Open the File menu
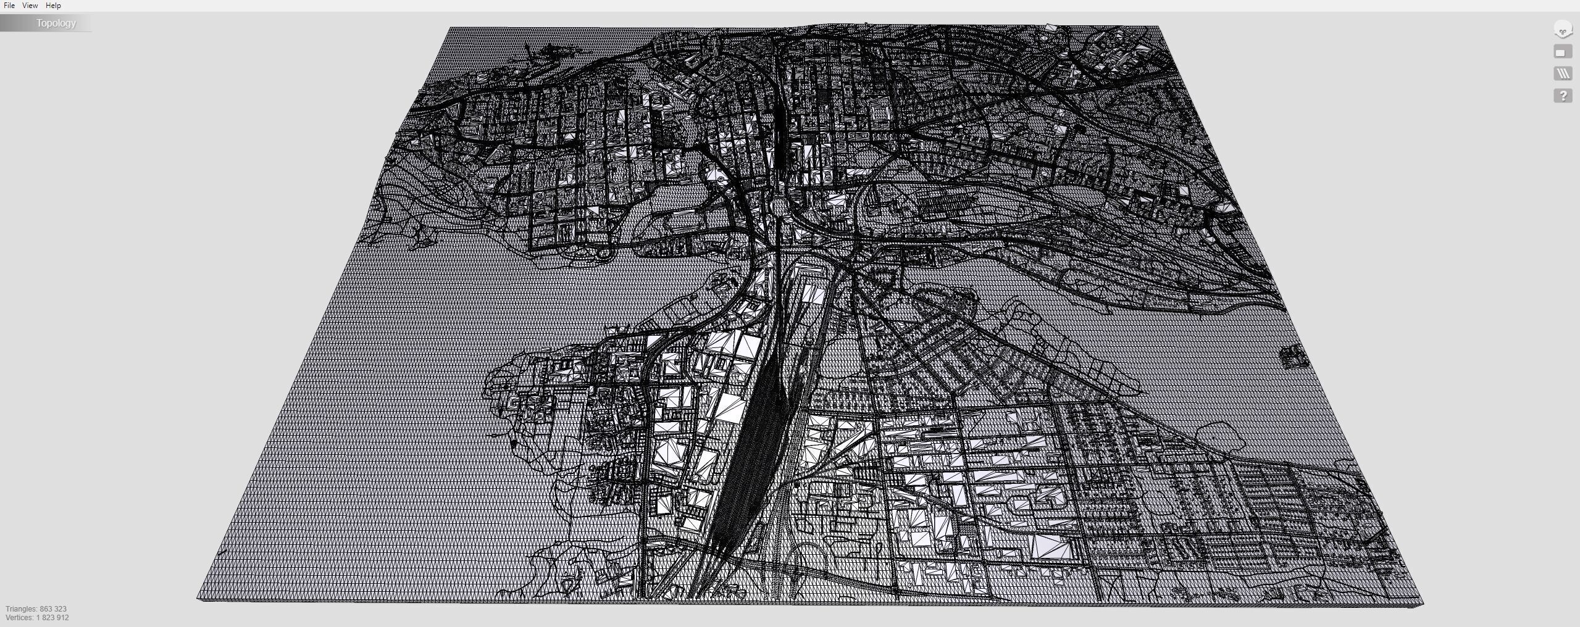pyautogui.click(x=9, y=6)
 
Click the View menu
pyautogui.click(x=30, y=6)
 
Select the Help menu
pyautogui.click(x=53, y=6)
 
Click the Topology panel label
pyautogui.click(x=56, y=23)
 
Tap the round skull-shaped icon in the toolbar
pyautogui.click(x=1563, y=29)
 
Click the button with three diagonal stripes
pyautogui.click(x=1563, y=73)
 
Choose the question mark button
pyautogui.click(x=1563, y=96)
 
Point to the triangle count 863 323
pyautogui.click(x=53, y=609)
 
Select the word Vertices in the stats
pyautogui.click(x=19, y=618)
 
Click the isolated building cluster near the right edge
pyautogui.click(x=1294, y=357)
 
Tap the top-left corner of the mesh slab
pyautogui.click(x=450, y=28)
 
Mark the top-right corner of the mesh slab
pyautogui.click(x=1158, y=27)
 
